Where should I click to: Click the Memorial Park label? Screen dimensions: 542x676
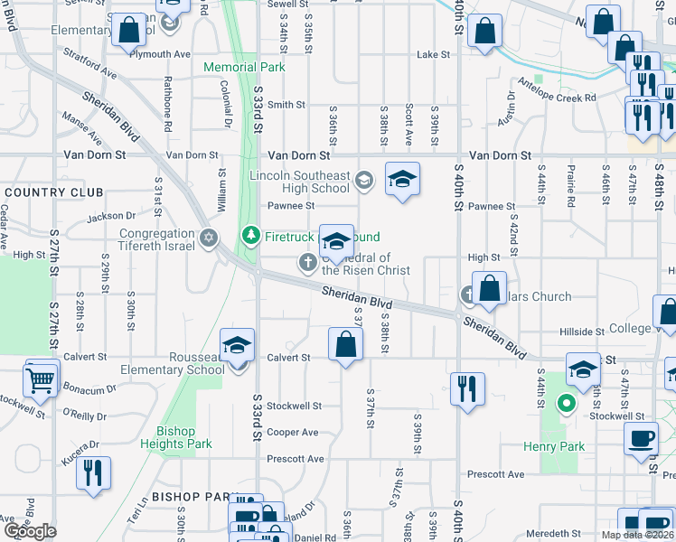(x=244, y=68)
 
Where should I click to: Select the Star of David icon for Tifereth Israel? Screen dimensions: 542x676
(x=209, y=238)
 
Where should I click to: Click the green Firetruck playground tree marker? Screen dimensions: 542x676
(x=251, y=237)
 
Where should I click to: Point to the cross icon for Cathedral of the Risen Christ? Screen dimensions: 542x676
(x=307, y=263)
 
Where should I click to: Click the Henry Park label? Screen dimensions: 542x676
(x=554, y=446)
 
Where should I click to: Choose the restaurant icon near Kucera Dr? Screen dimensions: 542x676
(x=93, y=472)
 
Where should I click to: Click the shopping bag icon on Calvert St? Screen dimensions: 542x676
(x=346, y=344)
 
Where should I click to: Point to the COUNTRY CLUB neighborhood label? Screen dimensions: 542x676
(x=53, y=192)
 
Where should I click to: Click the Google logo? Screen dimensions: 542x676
(x=30, y=530)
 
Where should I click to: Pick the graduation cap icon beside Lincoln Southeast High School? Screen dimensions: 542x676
(x=403, y=178)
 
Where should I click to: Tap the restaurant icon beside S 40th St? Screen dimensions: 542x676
(x=467, y=388)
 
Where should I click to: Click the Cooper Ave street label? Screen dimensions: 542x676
(x=293, y=433)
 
